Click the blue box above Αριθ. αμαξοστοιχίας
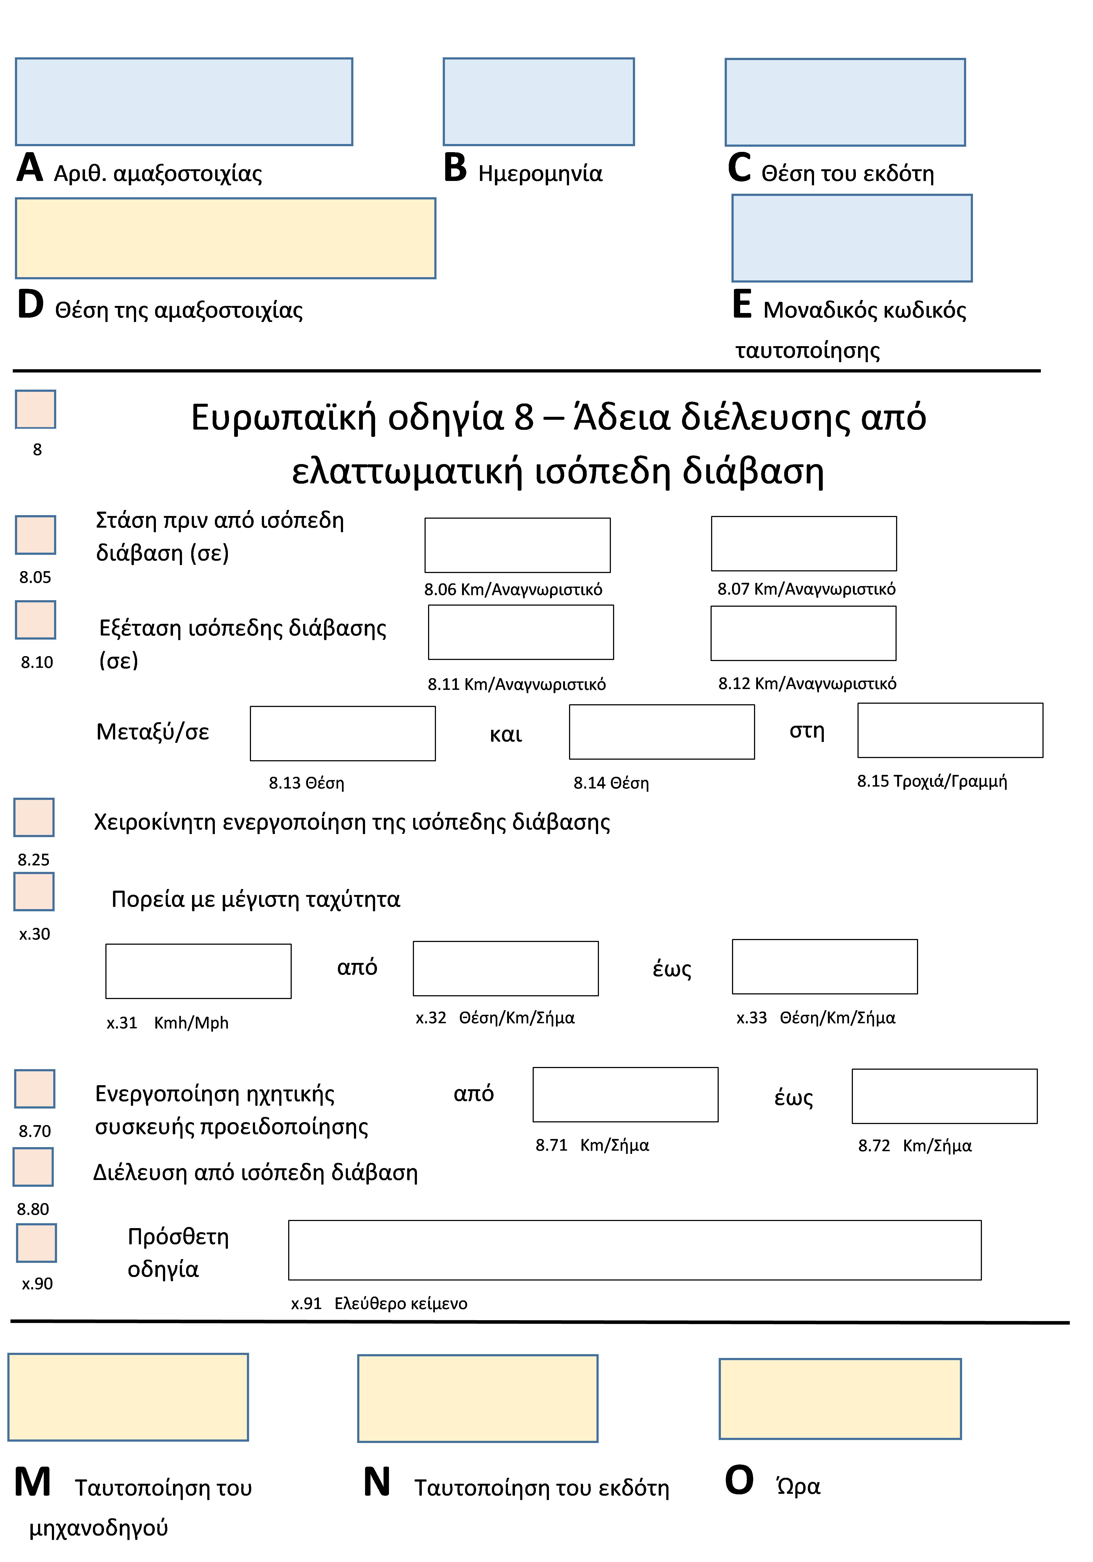tap(184, 101)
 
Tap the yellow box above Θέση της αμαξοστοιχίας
tap(225, 238)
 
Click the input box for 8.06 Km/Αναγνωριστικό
tap(517, 545)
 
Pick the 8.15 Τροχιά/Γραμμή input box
tap(950, 730)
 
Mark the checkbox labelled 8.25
tap(34, 817)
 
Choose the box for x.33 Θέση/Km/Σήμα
tap(824, 967)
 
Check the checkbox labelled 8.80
tap(33, 1167)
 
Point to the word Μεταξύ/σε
tap(152, 732)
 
